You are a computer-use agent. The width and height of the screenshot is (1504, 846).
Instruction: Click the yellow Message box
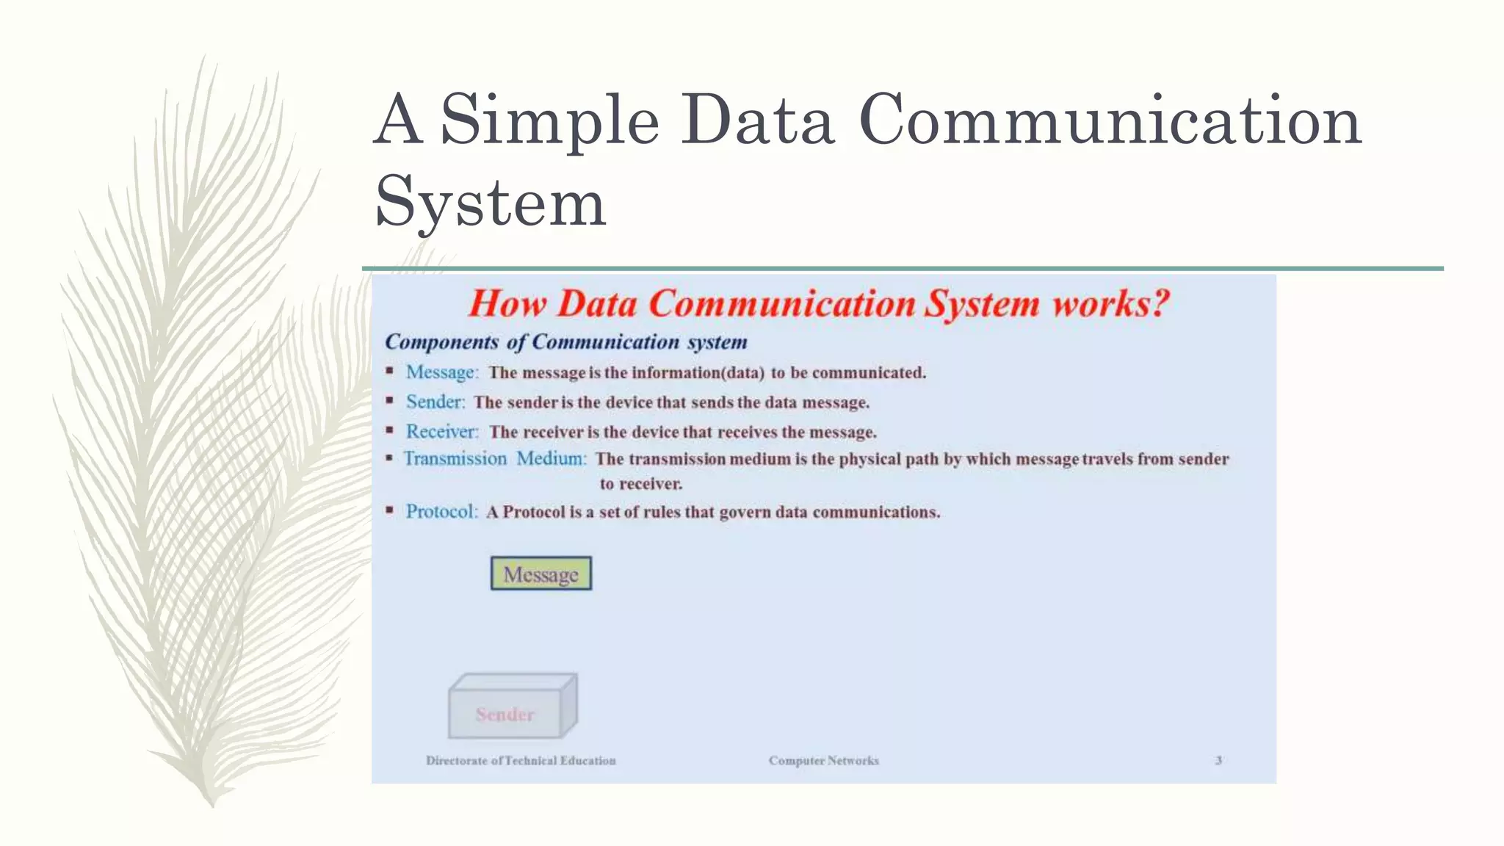[x=541, y=574]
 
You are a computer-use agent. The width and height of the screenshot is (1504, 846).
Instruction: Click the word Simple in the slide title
[x=549, y=120]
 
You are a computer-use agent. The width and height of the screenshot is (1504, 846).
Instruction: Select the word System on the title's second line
[x=490, y=202]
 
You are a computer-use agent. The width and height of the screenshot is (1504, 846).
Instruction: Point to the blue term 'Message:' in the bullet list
[x=442, y=372]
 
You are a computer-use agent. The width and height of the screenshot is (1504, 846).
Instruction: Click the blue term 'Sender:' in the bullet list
[x=435, y=402]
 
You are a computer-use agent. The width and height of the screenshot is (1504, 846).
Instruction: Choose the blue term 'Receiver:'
[x=442, y=431]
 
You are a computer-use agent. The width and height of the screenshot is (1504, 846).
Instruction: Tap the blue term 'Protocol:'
[x=441, y=511]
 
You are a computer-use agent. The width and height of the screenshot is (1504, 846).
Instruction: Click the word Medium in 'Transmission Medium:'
[x=551, y=458]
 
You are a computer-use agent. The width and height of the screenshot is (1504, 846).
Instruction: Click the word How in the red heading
[x=507, y=303]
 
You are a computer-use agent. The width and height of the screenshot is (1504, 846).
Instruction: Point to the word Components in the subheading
[x=441, y=341]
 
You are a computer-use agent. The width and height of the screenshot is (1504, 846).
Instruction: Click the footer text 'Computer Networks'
[x=823, y=760]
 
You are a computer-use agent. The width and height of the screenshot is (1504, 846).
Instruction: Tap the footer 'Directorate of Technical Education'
[x=521, y=760]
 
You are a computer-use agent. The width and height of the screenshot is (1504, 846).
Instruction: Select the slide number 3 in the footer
[x=1218, y=760]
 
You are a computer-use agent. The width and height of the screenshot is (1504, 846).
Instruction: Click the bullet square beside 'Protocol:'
[x=389, y=510]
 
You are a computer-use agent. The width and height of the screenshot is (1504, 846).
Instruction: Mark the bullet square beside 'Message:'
[x=389, y=371]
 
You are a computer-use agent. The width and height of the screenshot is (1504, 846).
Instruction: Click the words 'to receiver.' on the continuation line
[x=640, y=484]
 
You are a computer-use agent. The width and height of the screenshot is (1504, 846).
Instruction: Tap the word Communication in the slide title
[x=1110, y=120]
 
